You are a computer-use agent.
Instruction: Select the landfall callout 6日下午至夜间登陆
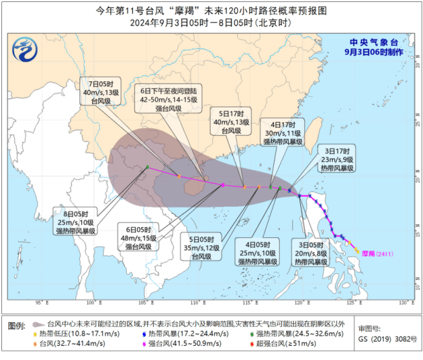(x=169, y=99)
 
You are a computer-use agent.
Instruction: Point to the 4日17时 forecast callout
(x=281, y=132)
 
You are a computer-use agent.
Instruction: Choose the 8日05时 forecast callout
(x=75, y=222)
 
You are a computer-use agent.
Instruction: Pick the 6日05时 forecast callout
(x=140, y=238)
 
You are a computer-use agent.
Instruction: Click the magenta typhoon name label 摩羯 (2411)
(x=377, y=254)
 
